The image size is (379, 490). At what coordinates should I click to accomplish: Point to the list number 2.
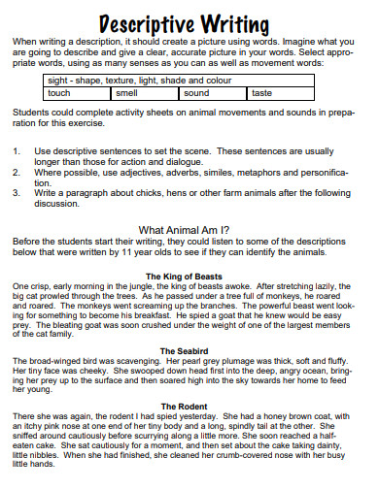(x=17, y=172)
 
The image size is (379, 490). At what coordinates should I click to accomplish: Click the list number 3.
(x=17, y=192)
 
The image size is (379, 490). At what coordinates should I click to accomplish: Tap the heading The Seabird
(x=189, y=350)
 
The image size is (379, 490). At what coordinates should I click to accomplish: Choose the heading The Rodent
(x=189, y=405)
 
